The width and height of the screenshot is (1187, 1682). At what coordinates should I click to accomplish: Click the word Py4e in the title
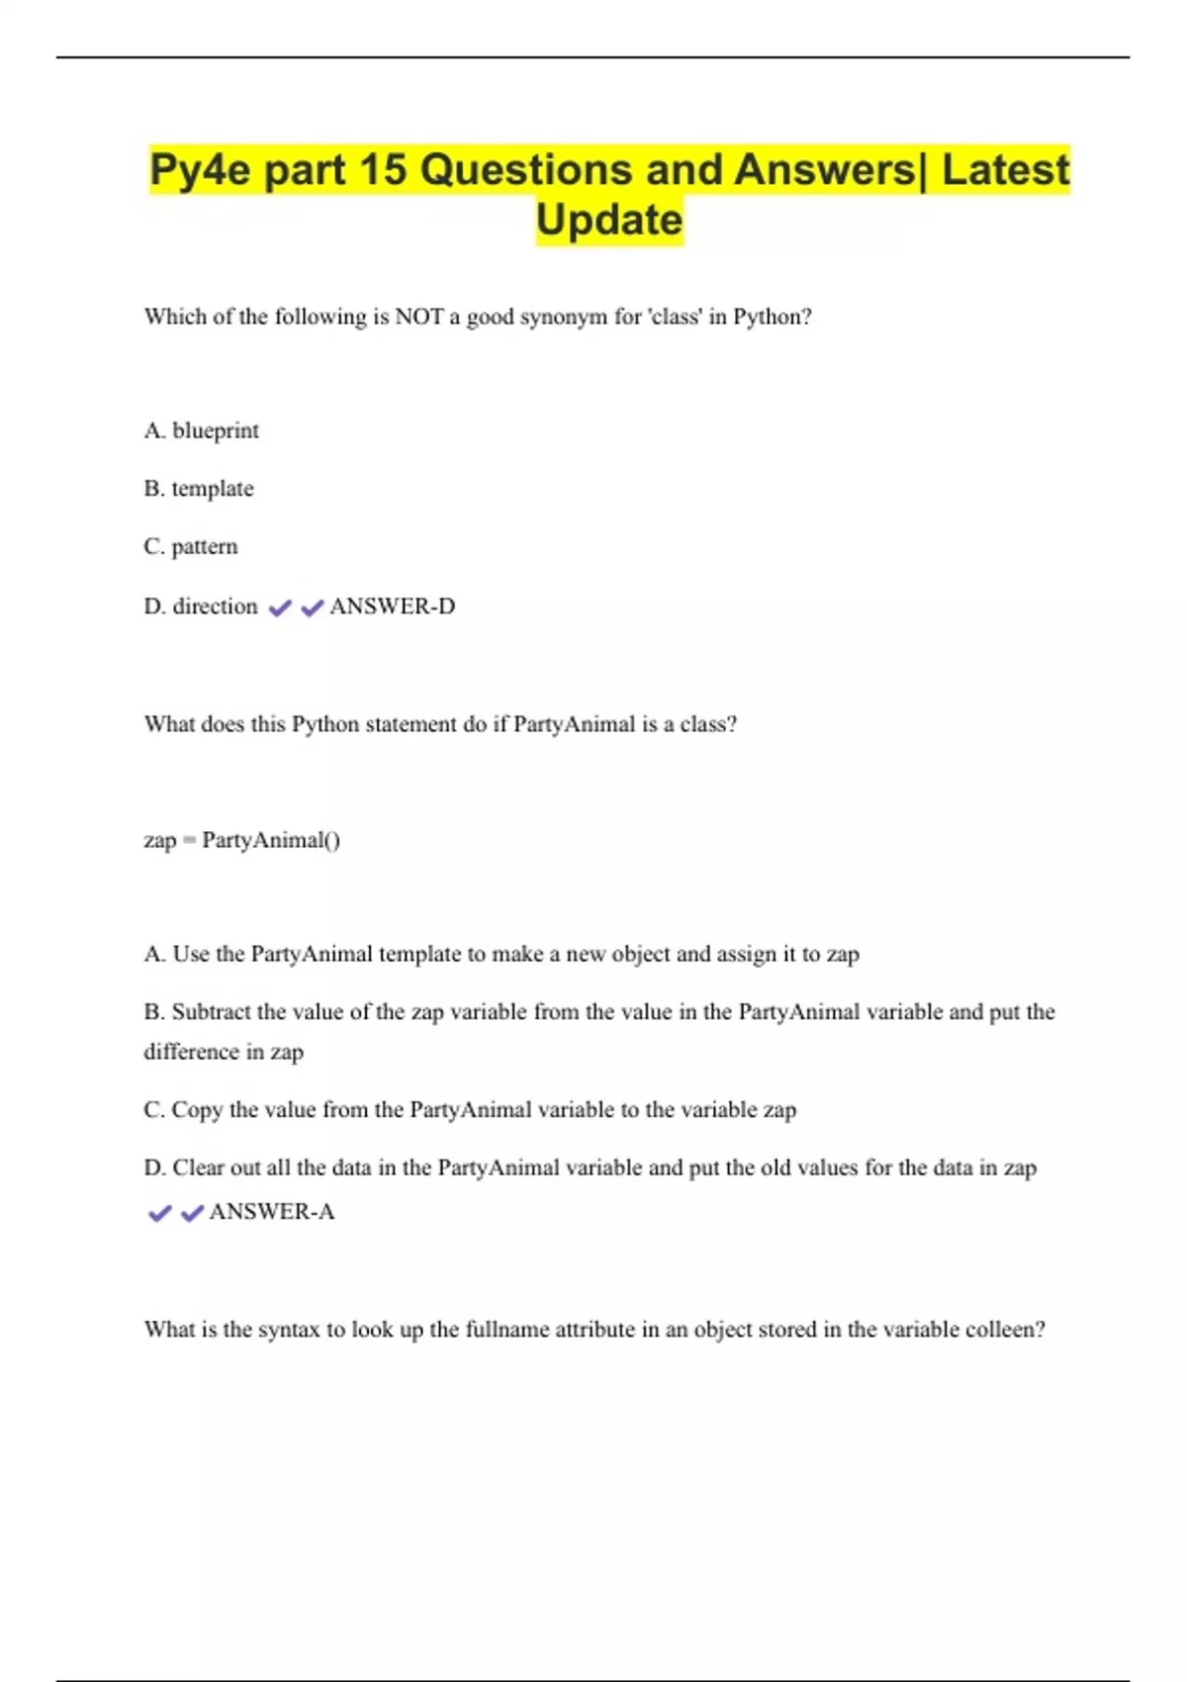point(199,170)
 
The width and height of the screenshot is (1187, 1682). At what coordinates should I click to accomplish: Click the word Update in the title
point(609,220)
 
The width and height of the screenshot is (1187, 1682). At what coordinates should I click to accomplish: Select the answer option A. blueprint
point(202,430)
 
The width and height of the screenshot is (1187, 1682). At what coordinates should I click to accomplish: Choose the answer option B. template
point(199,489)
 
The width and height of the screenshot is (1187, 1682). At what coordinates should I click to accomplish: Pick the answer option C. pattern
point(191,546)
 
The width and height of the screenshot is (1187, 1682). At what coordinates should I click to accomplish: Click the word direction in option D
point(215,606)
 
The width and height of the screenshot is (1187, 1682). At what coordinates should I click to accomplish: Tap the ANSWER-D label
point(393,606)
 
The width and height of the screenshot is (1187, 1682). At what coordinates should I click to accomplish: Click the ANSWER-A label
point(272,1211)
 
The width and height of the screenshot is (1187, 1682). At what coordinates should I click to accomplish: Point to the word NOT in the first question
point(418,317)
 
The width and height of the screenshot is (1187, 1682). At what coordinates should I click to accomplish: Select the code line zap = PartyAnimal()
point(242,840)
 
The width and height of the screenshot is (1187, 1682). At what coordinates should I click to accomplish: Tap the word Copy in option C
point(197,1109)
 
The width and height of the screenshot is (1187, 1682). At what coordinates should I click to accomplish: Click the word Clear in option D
point(198,1168)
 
